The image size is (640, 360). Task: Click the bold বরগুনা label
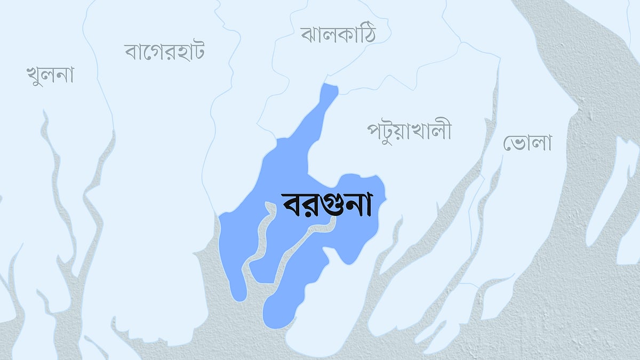[x=326, y=205]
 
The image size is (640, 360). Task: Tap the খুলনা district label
[x=50, y=75]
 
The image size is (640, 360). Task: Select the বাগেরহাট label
[x=165, y=52]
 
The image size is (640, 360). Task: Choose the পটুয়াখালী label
[x=409, y=130]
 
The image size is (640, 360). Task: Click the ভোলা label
[x=527, y=142]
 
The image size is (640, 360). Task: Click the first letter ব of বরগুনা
[x=291, y=205]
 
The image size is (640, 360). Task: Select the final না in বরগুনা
[x=359, y=205]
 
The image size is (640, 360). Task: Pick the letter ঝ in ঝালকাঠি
[x=309, y=35]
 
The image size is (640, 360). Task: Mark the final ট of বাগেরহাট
[x=198, y=52]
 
